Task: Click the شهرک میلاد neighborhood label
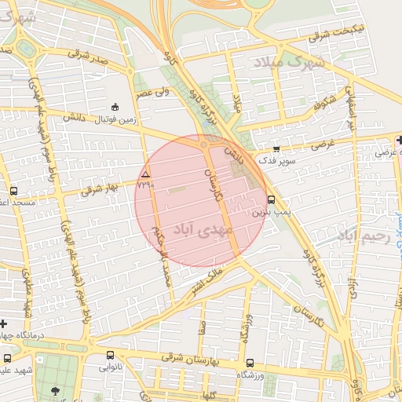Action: [290, 60]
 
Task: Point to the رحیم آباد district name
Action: [363, 235]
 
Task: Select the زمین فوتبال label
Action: [115, 119]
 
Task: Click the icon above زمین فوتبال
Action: [115, 107]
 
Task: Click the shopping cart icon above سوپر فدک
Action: [276, 148]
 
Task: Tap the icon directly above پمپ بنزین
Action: [271, 199]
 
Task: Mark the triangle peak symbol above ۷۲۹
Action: [145, 174]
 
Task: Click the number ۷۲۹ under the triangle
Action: [145, 185]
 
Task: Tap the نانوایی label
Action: [110, 367]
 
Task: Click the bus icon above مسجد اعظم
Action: [13, 191]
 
